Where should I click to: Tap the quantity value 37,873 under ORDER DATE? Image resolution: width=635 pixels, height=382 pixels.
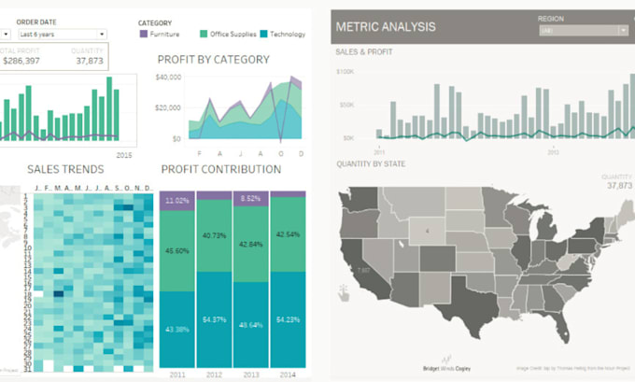[x=90, y=61]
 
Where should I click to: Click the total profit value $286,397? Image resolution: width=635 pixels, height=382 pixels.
[x=21, y=61]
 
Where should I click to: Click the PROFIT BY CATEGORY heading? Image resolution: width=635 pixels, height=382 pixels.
[x=213, y=60]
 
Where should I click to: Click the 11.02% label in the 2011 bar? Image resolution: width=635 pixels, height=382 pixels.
[x=176, y=200]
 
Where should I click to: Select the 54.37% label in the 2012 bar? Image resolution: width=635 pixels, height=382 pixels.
[x=213, y=319]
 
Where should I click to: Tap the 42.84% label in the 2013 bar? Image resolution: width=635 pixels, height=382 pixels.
[x=249, y=244]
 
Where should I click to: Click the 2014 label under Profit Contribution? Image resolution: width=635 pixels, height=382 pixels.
[x=287, y=374]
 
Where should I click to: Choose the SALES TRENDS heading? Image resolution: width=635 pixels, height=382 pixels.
[x=65, y=169]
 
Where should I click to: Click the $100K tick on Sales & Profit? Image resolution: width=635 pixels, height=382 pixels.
[x=345, y=71]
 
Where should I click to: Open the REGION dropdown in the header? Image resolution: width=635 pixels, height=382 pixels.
[x=584, y=30]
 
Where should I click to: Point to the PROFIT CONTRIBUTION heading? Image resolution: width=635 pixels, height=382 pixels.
[x=220, y=169]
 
